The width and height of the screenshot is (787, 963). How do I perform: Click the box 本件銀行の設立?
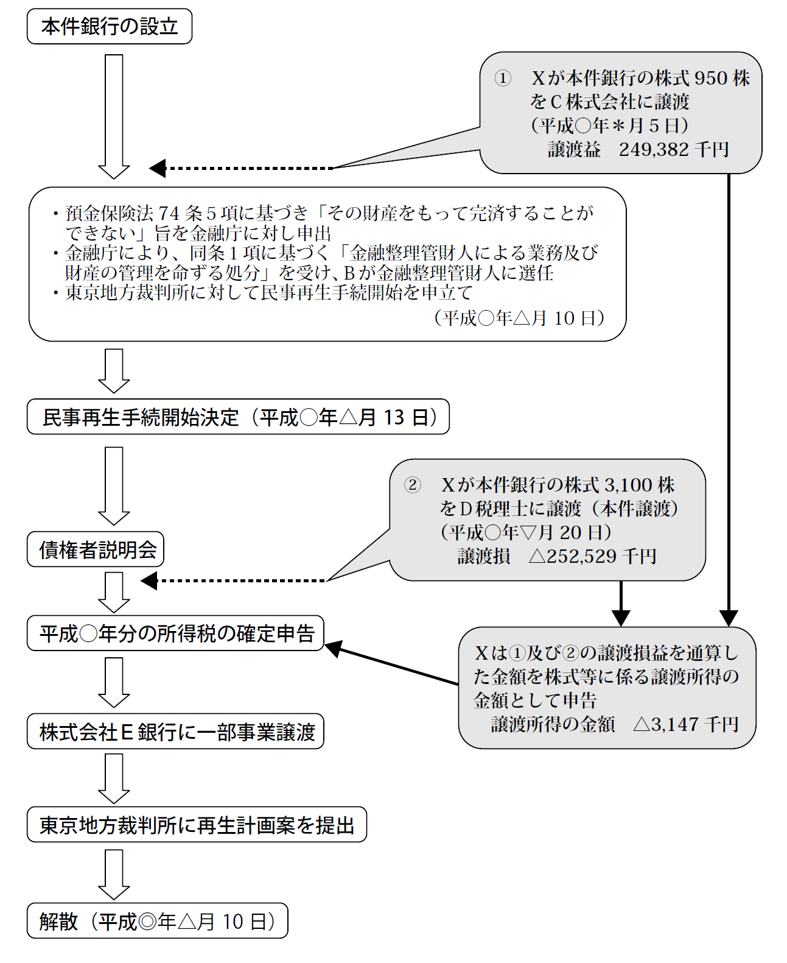pyautogui.click(x=110, y=26)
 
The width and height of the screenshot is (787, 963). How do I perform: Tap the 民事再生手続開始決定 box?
pyautogui.click(x=238, y=417)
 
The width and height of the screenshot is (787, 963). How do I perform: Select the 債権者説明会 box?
pyautogui.click(x=96, y=549)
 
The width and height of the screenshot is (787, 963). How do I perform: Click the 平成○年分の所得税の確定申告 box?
pyautogui.click(x=176, y=633)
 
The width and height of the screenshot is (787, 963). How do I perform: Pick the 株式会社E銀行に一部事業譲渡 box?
pyautogui.click(x=176, y=731)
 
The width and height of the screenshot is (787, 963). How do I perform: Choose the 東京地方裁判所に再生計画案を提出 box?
pyautogui.click(x=197, y=824)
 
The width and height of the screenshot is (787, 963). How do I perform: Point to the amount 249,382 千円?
pyautogui.click(x=673, y=149)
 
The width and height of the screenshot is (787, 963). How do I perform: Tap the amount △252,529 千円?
pyautogui.click(x=592, y=556)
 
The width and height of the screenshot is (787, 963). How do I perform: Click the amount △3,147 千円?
pyautogui.click(x=686, y=724)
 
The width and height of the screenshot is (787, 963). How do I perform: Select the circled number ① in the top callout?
pyautogui.click(x=503, y=78)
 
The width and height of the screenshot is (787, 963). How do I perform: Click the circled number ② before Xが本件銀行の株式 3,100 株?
pyautogui.click(x=413, y=485)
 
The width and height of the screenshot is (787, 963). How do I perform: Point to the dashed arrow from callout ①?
pyautogui.click(x=242, y=168)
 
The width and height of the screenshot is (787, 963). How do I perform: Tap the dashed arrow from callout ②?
pyautogui.click(x=233, y=581)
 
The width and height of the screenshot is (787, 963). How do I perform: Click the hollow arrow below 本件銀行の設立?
pyautogui.click(x=114, y=117)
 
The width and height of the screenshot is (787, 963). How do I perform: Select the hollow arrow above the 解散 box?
pyautogui.click(x=114, y=875)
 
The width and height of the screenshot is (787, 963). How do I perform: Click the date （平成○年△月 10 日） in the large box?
pyautogui.click(x=519, y=318)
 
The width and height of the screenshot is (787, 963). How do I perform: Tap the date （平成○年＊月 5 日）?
pyautogui.click(x=609, y=125)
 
